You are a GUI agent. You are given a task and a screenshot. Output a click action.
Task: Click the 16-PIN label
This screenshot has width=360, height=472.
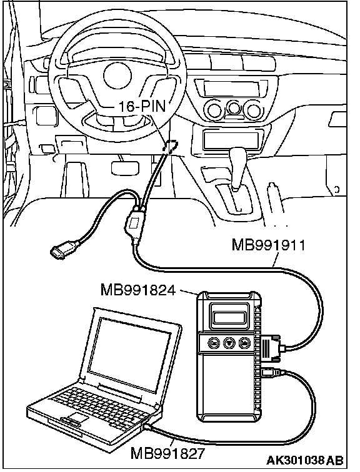[142, 106]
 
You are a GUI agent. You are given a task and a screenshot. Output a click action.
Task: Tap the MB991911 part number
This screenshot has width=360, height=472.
[268, 245]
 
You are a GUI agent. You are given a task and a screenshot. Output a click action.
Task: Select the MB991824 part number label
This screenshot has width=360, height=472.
[137, 290]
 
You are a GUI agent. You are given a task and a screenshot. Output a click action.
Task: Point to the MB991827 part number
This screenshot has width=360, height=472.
[167, 453]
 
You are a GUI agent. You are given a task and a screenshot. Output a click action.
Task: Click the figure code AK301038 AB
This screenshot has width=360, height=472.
[304, 460]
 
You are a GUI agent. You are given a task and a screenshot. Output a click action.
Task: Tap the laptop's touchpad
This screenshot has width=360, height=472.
[77, 418]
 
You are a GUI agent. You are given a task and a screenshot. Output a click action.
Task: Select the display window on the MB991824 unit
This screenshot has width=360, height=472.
[228, 317]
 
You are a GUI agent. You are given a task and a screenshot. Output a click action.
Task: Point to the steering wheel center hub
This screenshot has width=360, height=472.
[117, 76]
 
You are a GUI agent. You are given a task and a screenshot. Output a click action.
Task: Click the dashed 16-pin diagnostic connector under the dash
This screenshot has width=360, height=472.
[170, 146]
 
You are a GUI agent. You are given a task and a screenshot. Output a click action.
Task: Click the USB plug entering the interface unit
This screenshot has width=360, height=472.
[271, 372]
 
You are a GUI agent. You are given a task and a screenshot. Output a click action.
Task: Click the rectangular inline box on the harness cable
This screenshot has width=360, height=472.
[133, 223]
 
